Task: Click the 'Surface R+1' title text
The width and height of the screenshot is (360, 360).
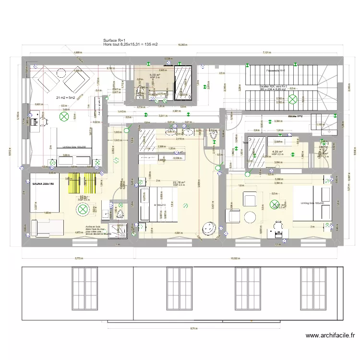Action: click(114, 40)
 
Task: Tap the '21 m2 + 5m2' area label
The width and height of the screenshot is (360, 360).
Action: click(66, 97)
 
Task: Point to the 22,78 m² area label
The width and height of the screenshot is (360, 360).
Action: click(179, 182)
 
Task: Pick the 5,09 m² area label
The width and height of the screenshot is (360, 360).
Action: click(155, 75)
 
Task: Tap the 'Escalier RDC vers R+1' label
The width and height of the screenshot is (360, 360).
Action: click(273, 86)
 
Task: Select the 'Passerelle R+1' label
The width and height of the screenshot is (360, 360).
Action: click(276, 71)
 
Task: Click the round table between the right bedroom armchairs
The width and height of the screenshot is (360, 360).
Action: click(250, 217)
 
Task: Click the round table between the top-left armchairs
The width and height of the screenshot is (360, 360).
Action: click(61, 72)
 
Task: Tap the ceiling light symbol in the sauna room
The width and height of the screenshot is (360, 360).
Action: click(83, 209)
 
